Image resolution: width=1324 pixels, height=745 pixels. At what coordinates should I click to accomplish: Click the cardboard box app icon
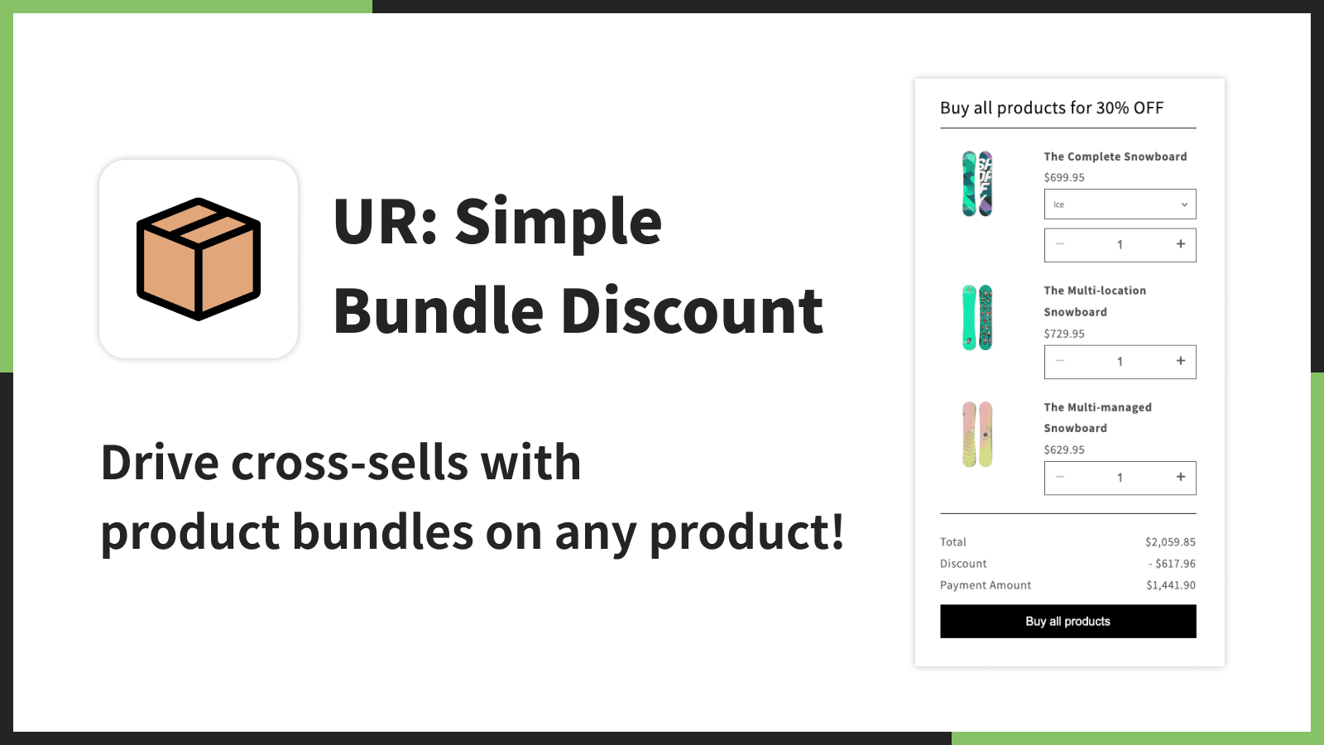pyautogui.click(x=199, y=259)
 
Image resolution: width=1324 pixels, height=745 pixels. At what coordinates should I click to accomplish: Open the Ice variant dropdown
pyautogui.click(x=1120, y=204)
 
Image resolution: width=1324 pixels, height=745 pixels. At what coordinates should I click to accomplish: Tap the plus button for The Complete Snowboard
pyautogui.click(x=1180, y=244)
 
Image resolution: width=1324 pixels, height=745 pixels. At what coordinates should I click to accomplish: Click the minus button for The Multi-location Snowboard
pyautogui.click(x=1060, y=361)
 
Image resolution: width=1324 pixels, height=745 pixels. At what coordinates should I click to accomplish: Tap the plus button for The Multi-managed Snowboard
pyautogui.click(x=1180, y=477)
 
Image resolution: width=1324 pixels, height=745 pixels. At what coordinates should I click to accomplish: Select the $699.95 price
pyautogui.click(x=1064, y=177)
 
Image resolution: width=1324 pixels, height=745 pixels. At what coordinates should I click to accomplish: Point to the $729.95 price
pyautogui.click(x=1064, y=334)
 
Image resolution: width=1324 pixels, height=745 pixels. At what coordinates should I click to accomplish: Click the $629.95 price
pyautogui.click(x=1064, y=449)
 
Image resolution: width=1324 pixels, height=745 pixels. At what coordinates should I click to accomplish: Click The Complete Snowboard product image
pyautogui.click(x=977, y=184)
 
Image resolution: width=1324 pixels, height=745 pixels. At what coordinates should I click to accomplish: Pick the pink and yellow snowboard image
pyautogui.click(x=977, y=435)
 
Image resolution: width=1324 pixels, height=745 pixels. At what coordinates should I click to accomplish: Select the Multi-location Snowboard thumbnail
pyautogui.click(x=977, y=318)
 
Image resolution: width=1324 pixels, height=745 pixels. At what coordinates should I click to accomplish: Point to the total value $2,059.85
pyautogui.click(x=1170, y=542)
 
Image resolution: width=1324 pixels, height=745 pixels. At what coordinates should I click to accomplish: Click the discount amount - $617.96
pyautogui.click(x=1172, y=564)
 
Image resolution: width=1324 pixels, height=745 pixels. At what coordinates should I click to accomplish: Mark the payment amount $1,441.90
pyautogui.click(x=1170, y=585)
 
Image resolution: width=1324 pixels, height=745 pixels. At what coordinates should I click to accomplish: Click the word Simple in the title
pyautogui.click(x=558, y=222)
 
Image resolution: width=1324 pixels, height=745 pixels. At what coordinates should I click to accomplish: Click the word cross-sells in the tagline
pyautogui.click(x=352, y=463)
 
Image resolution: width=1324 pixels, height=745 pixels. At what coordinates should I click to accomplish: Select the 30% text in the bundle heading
pyautogui.click(x=1112, y=108)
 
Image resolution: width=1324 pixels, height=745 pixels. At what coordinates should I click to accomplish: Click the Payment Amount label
pyautogui.click(x=986, y=585)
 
